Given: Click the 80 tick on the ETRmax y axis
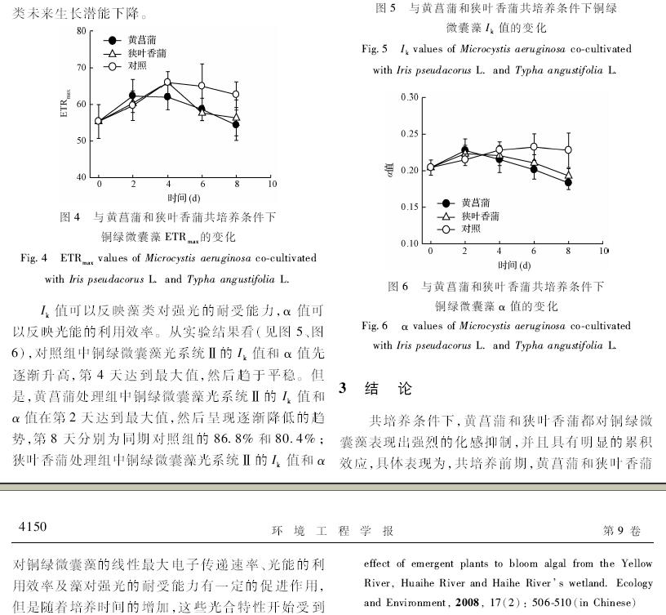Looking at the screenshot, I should coord(81,31).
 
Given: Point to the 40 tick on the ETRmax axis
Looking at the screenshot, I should coord(81,176).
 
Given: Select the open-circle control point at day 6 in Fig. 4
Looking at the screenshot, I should coord(202,86).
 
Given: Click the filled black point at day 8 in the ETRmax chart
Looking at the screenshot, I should coord(236,124).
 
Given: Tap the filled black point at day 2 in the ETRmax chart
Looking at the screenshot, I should coord(132,96).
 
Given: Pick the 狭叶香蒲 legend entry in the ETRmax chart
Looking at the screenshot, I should coord(135,52).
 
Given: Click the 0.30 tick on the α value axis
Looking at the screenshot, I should coord(410,97).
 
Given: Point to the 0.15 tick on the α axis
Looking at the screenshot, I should coord(410,207).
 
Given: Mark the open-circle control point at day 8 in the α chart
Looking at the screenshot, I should coord(568,150).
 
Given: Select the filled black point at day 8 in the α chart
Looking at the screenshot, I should coord(568,183).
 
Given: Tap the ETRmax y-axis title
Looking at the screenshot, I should coord(64,105).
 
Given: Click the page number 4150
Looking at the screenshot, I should coord(33,530).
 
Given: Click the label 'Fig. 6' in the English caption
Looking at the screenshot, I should coord(375,326).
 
